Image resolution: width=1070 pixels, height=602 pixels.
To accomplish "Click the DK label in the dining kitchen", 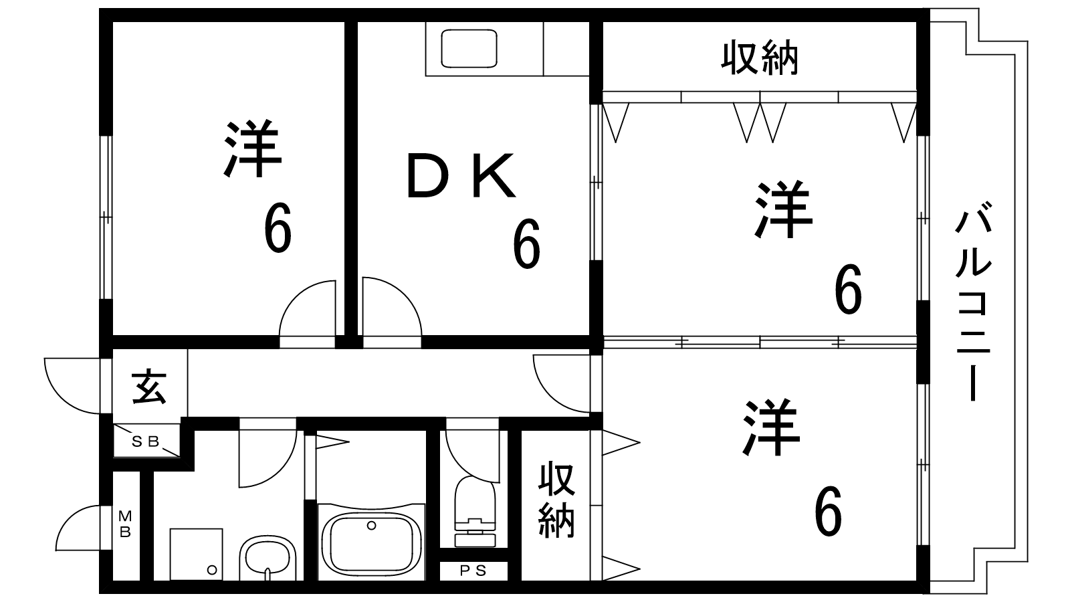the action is (x=461, y=175).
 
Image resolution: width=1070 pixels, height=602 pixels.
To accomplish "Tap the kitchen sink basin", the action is (x=469, y=48).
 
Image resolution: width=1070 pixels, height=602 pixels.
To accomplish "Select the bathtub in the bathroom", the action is (x=372, y=543).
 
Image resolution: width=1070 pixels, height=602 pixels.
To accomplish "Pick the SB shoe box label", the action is (x=145, y=442).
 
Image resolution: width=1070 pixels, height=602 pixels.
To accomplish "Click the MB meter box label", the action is (x=125, y=524).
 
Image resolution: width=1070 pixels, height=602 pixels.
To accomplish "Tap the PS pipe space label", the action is (x=473, y=571).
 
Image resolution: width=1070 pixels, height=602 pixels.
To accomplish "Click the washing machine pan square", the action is (x=197, y=555).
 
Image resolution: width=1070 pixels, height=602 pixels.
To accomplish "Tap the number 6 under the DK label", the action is (x=526, y=243).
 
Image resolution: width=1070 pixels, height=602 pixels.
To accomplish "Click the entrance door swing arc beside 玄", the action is (x=72, y=385).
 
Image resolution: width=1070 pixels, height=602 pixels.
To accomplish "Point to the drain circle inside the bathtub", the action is (x=371, y=526).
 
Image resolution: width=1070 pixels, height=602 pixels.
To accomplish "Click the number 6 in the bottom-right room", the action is (x=828, y=511).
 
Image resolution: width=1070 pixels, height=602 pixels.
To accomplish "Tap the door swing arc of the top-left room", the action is (x=307, y=308).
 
